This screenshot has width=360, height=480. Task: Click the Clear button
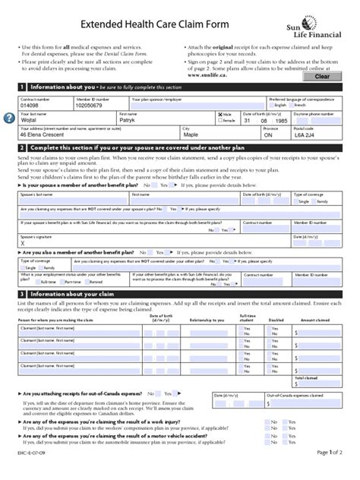[x=321, y=77]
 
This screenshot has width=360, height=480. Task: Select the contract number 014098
[x=32, y=106]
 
